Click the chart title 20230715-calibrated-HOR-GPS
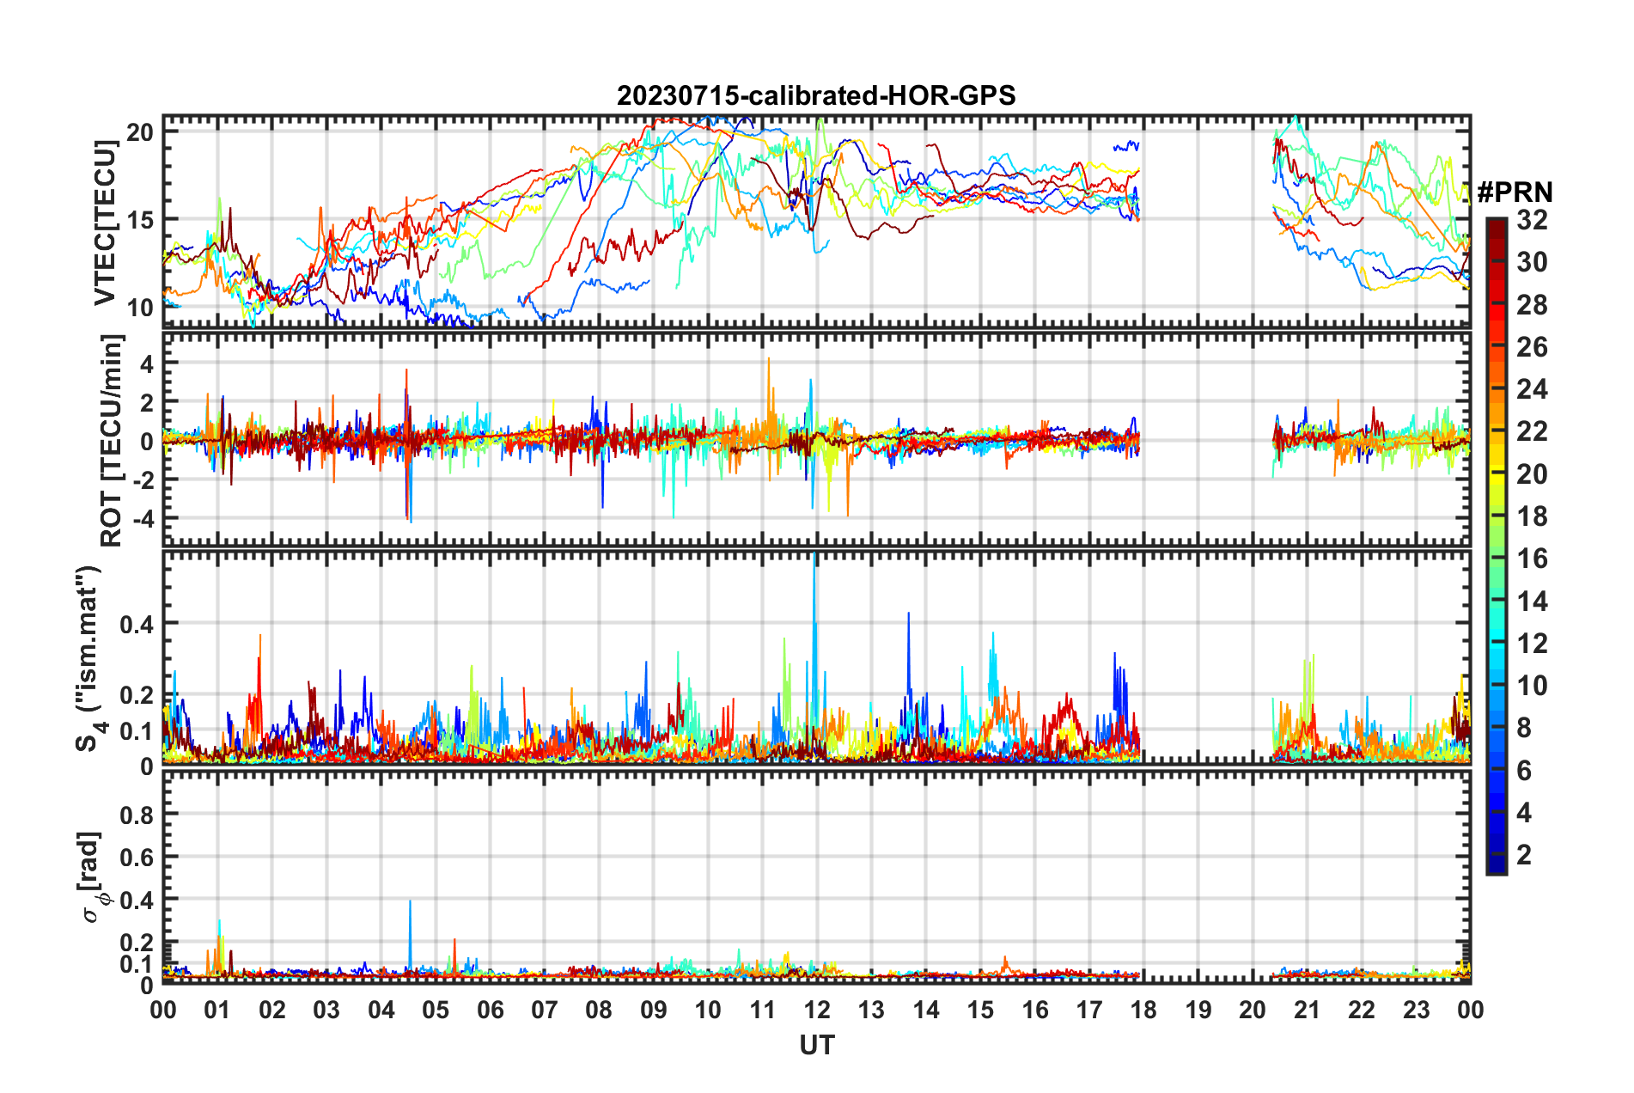pos(816,95)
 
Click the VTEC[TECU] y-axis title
pos(105,223)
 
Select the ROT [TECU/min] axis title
pos(112,441)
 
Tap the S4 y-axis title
pos(89,658)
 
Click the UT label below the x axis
pos(816,1045)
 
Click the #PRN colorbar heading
pos(1515,192)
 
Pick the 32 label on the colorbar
pos(1532,220)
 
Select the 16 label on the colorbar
pos(1532,559)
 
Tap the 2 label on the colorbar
pos(1524,854)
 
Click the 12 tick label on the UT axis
pos(817,1010)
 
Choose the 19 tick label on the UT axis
pos(1198,1010)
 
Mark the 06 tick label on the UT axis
pos(491,1010)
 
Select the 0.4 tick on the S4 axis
pos(137,624)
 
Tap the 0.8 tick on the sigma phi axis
pos(137,815)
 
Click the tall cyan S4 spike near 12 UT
pos(814,567)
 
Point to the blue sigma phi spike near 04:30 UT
pos(410,904)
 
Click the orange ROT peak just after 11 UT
pos(769,361)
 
